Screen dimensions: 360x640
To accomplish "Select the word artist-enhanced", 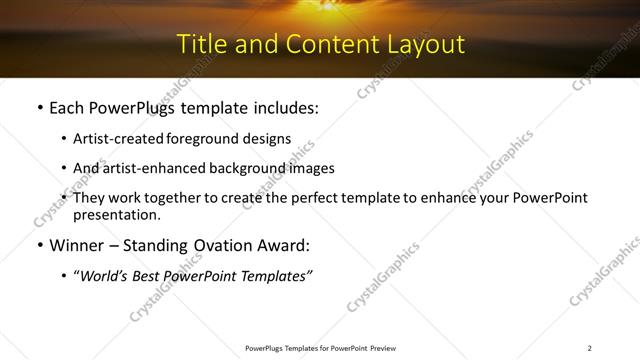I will pos(151,168).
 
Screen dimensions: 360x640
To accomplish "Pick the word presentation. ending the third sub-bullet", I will pos(117,214).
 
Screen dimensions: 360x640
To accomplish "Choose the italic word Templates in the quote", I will pos(273,275).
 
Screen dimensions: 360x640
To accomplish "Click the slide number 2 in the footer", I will pos(589,348).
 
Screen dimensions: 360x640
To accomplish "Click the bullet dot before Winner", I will pos(39,246).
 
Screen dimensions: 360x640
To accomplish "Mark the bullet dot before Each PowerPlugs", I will pos(39,108).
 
